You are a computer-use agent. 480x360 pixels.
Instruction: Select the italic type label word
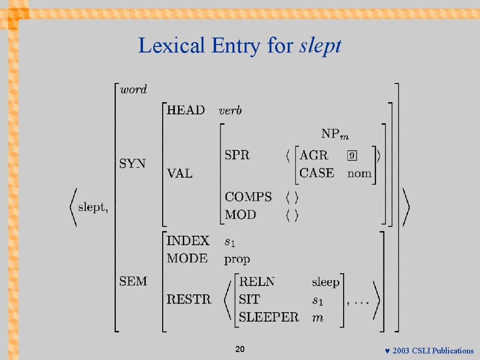click(134, 90)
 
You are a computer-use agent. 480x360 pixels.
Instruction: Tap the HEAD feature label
click(186, 110)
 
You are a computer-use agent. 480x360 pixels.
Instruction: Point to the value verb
click(230, 111)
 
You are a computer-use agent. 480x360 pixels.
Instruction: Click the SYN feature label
click(133, 164)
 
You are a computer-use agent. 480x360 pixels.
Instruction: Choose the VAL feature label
click(180, 173)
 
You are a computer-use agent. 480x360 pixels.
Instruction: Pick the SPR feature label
click(238, 155)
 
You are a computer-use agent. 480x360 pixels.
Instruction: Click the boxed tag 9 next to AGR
click(352, 155)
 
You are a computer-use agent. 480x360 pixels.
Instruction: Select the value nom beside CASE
click(360, 173)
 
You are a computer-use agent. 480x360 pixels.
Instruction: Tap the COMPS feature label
click(248, 197)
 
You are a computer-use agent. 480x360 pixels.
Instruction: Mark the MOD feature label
click(240, 215)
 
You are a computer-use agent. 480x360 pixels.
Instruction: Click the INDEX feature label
click(188, 241)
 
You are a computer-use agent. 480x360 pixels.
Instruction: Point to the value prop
click(237, 259)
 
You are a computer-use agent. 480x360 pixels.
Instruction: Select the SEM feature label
click(134, 281)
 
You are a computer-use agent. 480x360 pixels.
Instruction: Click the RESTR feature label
click(189, 299)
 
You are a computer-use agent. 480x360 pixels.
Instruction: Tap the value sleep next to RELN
click(326, 282)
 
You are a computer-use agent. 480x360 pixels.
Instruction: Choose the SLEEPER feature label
click(269, 317)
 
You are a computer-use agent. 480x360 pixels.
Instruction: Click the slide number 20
click(240, 349)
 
